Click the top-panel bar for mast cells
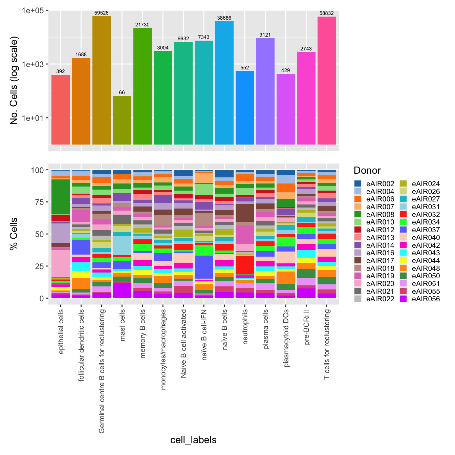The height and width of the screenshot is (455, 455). pyautogui.click(x=122, y=120)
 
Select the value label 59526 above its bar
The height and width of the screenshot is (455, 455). pyautogui.click(x=102, y=13)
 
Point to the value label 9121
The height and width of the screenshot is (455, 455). pyautogui.click(x=265, y=35)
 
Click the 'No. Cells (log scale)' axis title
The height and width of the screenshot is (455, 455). pyautogui.click(x=14, y=81)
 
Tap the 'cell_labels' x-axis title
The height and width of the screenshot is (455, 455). pyautogui.click(x=193, y=440)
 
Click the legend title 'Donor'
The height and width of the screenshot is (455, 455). pyautogui.click(x=367, y=170)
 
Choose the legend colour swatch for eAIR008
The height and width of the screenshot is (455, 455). pyautogui.click(x=358, y=214)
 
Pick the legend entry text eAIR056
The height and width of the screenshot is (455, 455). pyautogui.click(x=426, y=299)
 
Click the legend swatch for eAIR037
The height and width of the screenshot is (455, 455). pyautogui.click(x=403, y=230)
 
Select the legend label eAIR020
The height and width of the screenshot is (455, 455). pyautogui.click(x=380, y=284)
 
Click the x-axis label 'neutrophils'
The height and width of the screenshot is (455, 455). pyautogui.click(x=245, y=327)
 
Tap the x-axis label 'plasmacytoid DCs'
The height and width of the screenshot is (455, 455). pyautogui.click(x=286, y=338)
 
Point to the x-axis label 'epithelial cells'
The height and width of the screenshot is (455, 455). pyautogui.click(x=61, y=331)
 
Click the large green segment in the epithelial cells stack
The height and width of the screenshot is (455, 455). pyautogui.click(x=61, y=197)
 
